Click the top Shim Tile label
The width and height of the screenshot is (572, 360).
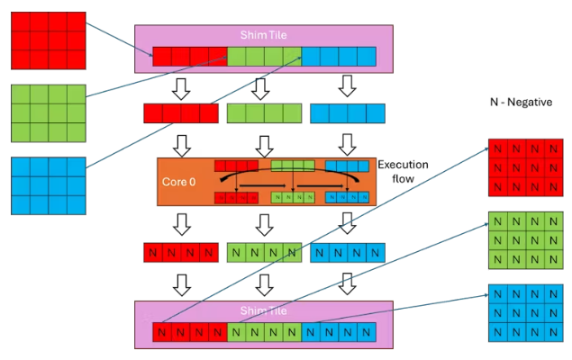click(x=263, y=34)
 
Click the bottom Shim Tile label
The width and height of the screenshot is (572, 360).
click(x=263, y=310)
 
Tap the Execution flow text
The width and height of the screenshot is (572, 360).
click(x=402, y=172)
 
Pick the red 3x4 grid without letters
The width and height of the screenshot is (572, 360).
click(x=48, y=40)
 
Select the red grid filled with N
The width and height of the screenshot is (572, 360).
click(x=525, y=167)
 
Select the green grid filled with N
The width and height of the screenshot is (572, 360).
click(x=525, y=240)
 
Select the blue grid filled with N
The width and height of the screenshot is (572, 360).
click(x=525, y=313)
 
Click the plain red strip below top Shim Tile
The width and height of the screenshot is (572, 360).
click(x=180, y=113)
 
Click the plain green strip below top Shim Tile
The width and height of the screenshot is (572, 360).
click(x=263, y=113)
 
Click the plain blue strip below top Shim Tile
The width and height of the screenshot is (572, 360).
click(x=346, y=113)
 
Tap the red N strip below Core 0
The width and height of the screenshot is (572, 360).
click(x=180, y=252)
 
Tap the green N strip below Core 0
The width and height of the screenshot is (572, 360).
click(x=263, y=252)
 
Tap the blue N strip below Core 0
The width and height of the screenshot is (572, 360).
click(x=346, y=252)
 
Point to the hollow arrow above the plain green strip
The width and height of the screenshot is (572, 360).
click(x=262, y=87)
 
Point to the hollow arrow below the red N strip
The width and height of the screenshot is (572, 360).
click(x=180, y=282)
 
